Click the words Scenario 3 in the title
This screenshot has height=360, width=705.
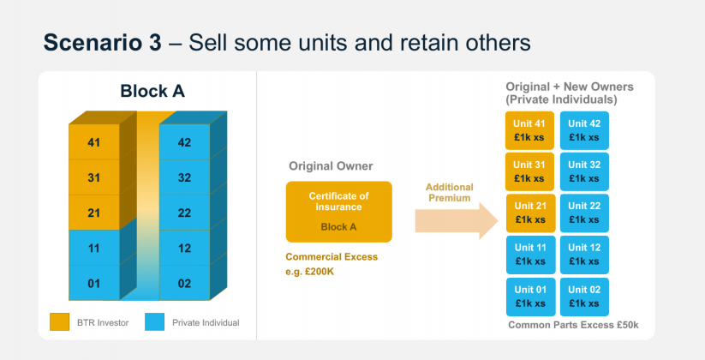[x=101, y=42]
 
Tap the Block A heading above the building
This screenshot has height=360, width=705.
[x=152, y=91]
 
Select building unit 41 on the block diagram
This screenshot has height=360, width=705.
[x=94, y=142]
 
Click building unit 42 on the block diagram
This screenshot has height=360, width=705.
[x=184, y=142]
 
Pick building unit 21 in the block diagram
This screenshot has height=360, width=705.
[x=94, y=212]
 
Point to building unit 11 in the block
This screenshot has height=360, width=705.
[x=94, y=248]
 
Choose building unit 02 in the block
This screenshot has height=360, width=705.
[x=184, y=283]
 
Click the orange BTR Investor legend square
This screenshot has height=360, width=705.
[x=59, y=321]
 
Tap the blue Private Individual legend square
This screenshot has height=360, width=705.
[x=155, y=321]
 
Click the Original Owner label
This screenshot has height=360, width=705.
[x=331, y=165]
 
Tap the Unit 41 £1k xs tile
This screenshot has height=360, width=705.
[x=529, y=130]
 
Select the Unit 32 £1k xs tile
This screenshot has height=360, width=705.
[x=585, y=171]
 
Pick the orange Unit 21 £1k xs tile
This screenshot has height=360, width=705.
[x=529, y=213]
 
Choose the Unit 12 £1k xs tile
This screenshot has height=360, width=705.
[x=585, y=255]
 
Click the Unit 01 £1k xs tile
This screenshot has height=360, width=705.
[x=529, y=296]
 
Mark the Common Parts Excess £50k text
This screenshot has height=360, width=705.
[x=573, y=325]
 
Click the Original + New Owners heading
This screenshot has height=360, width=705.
[x=569, y=93]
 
